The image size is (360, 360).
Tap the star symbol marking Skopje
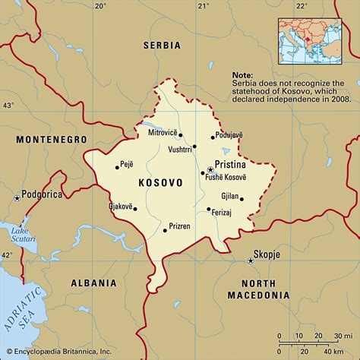(x=250, y=261)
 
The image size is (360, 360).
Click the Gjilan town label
(x=230, y=196)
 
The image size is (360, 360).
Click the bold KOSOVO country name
(x=160, y=183)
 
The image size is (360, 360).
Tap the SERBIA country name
(x=162, y=46)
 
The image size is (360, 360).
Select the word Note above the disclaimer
(x=244, y=77)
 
